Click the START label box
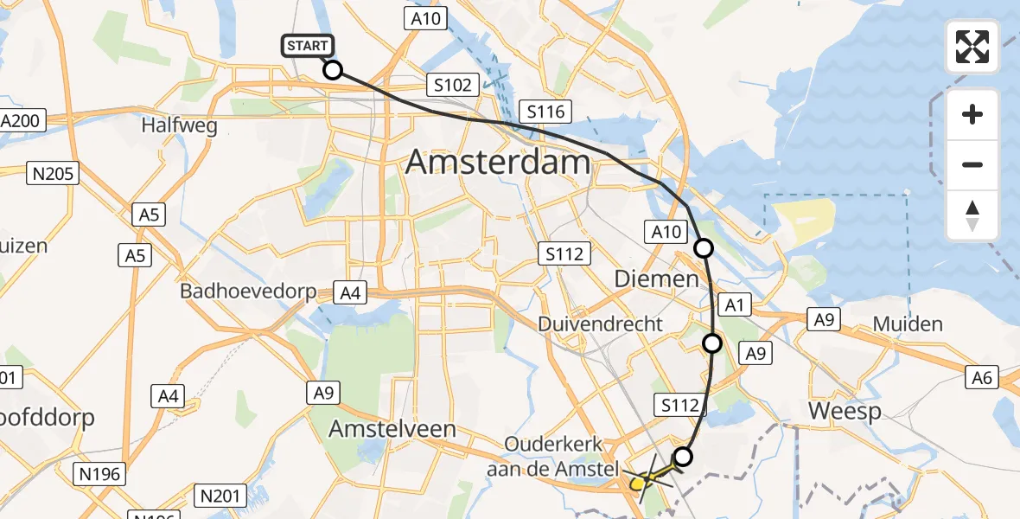(306, 46)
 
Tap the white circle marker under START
(333, 70)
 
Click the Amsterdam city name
(498, 162)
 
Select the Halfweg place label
(179, 125)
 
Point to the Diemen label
(656, 279)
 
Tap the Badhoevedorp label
(248, 292)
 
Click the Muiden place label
(908, 324)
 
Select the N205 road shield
(54, 174)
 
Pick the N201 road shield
(221, 496)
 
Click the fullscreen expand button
(972, 47)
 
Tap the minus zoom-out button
(972, 164)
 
